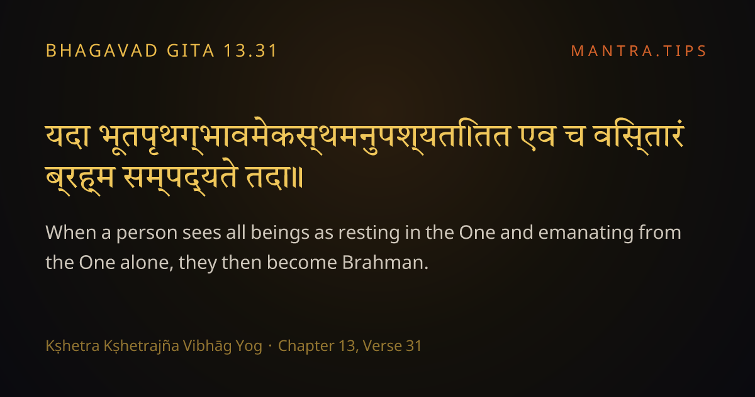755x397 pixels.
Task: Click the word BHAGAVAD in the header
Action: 101,51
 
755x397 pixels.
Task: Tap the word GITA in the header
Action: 191,51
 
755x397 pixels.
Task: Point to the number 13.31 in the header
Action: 250,51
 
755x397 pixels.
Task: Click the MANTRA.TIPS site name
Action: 639,51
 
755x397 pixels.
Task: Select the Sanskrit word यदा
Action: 67,137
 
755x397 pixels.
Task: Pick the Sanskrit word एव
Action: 537,137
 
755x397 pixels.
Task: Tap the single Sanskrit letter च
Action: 574,137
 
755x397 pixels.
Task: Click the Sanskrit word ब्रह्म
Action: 79,179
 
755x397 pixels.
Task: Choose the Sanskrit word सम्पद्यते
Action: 181,179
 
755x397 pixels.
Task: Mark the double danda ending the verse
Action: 299,178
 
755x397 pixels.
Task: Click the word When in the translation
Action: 70,233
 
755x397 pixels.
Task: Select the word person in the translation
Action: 147,234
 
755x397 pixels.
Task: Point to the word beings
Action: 280,234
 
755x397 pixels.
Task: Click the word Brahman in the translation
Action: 385,262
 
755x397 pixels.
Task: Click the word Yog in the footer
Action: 249,347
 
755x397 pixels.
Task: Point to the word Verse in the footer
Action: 383,346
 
